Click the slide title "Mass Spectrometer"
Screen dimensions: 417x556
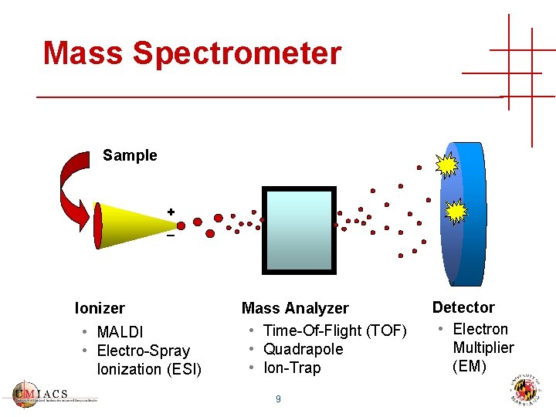click(192, 53)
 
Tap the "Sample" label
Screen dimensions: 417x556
click(130, 155)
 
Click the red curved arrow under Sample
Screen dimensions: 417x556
click(74, 189)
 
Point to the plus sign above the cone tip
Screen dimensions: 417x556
click(170, 211)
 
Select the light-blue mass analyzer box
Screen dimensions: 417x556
click(299, 229)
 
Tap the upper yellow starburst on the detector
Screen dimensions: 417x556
click(447, 164)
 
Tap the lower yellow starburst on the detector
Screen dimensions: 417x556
click(456, 211)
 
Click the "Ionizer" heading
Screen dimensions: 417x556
click(100, 308)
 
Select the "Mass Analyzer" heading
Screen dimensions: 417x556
click(295, 308)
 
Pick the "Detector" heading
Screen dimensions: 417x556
click(463, 307)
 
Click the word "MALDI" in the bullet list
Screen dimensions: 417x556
click(120, 332)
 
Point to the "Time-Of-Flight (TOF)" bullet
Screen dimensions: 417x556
click(334, 331)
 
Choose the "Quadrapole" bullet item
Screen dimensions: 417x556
click(303, 349)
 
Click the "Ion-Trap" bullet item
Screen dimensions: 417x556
click(291, 368)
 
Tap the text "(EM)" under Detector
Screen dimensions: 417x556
click(470, 366)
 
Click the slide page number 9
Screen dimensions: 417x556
click(278, 399)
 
